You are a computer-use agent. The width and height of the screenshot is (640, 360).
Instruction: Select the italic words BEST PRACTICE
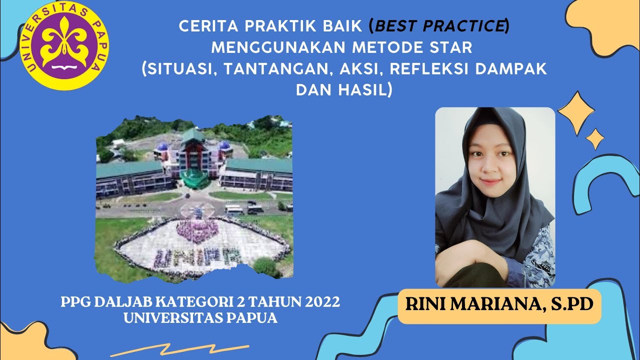(439, 26)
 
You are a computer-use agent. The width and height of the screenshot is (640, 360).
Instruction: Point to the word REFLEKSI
(429, 68)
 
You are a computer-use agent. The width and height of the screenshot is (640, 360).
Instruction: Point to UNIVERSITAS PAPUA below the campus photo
(200, 318)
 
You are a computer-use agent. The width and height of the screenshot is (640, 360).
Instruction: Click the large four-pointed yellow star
(576, 113)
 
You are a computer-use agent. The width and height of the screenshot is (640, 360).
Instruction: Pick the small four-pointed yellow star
(595, 139)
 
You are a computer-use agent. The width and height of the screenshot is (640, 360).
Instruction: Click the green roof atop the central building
(192, 135)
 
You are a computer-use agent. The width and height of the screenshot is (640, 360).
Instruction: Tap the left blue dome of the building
(162, 147)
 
